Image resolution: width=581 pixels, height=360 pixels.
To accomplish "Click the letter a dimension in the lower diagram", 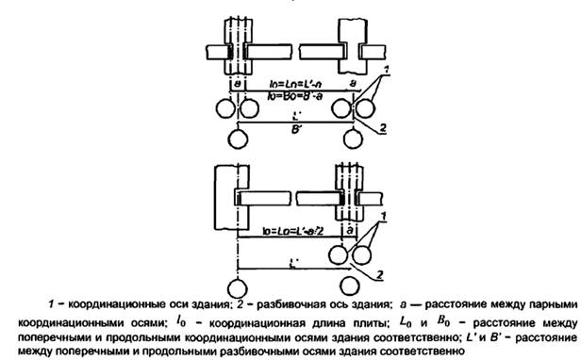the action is click(351, 229).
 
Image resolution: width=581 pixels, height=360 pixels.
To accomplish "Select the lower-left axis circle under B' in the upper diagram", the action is click(237, 138).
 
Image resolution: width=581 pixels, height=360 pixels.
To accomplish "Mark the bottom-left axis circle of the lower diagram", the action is click(237, 285).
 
